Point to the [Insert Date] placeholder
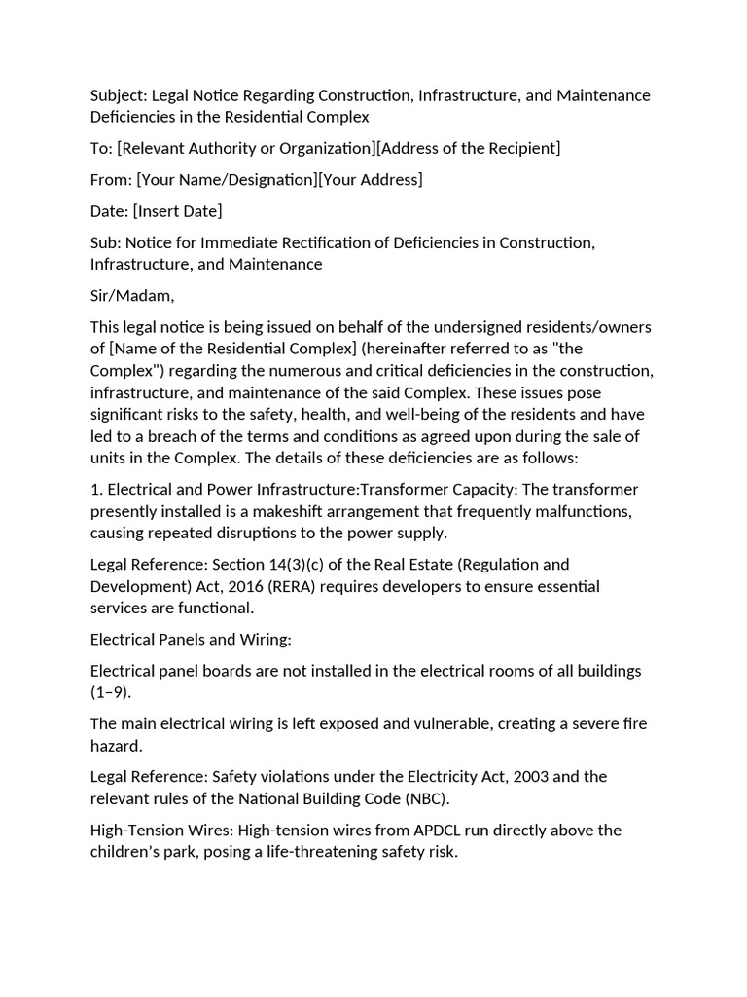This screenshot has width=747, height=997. tap(178, 210)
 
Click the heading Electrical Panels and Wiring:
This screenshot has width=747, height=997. tap(191, 640)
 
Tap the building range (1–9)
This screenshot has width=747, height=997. tap(110, 692)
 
